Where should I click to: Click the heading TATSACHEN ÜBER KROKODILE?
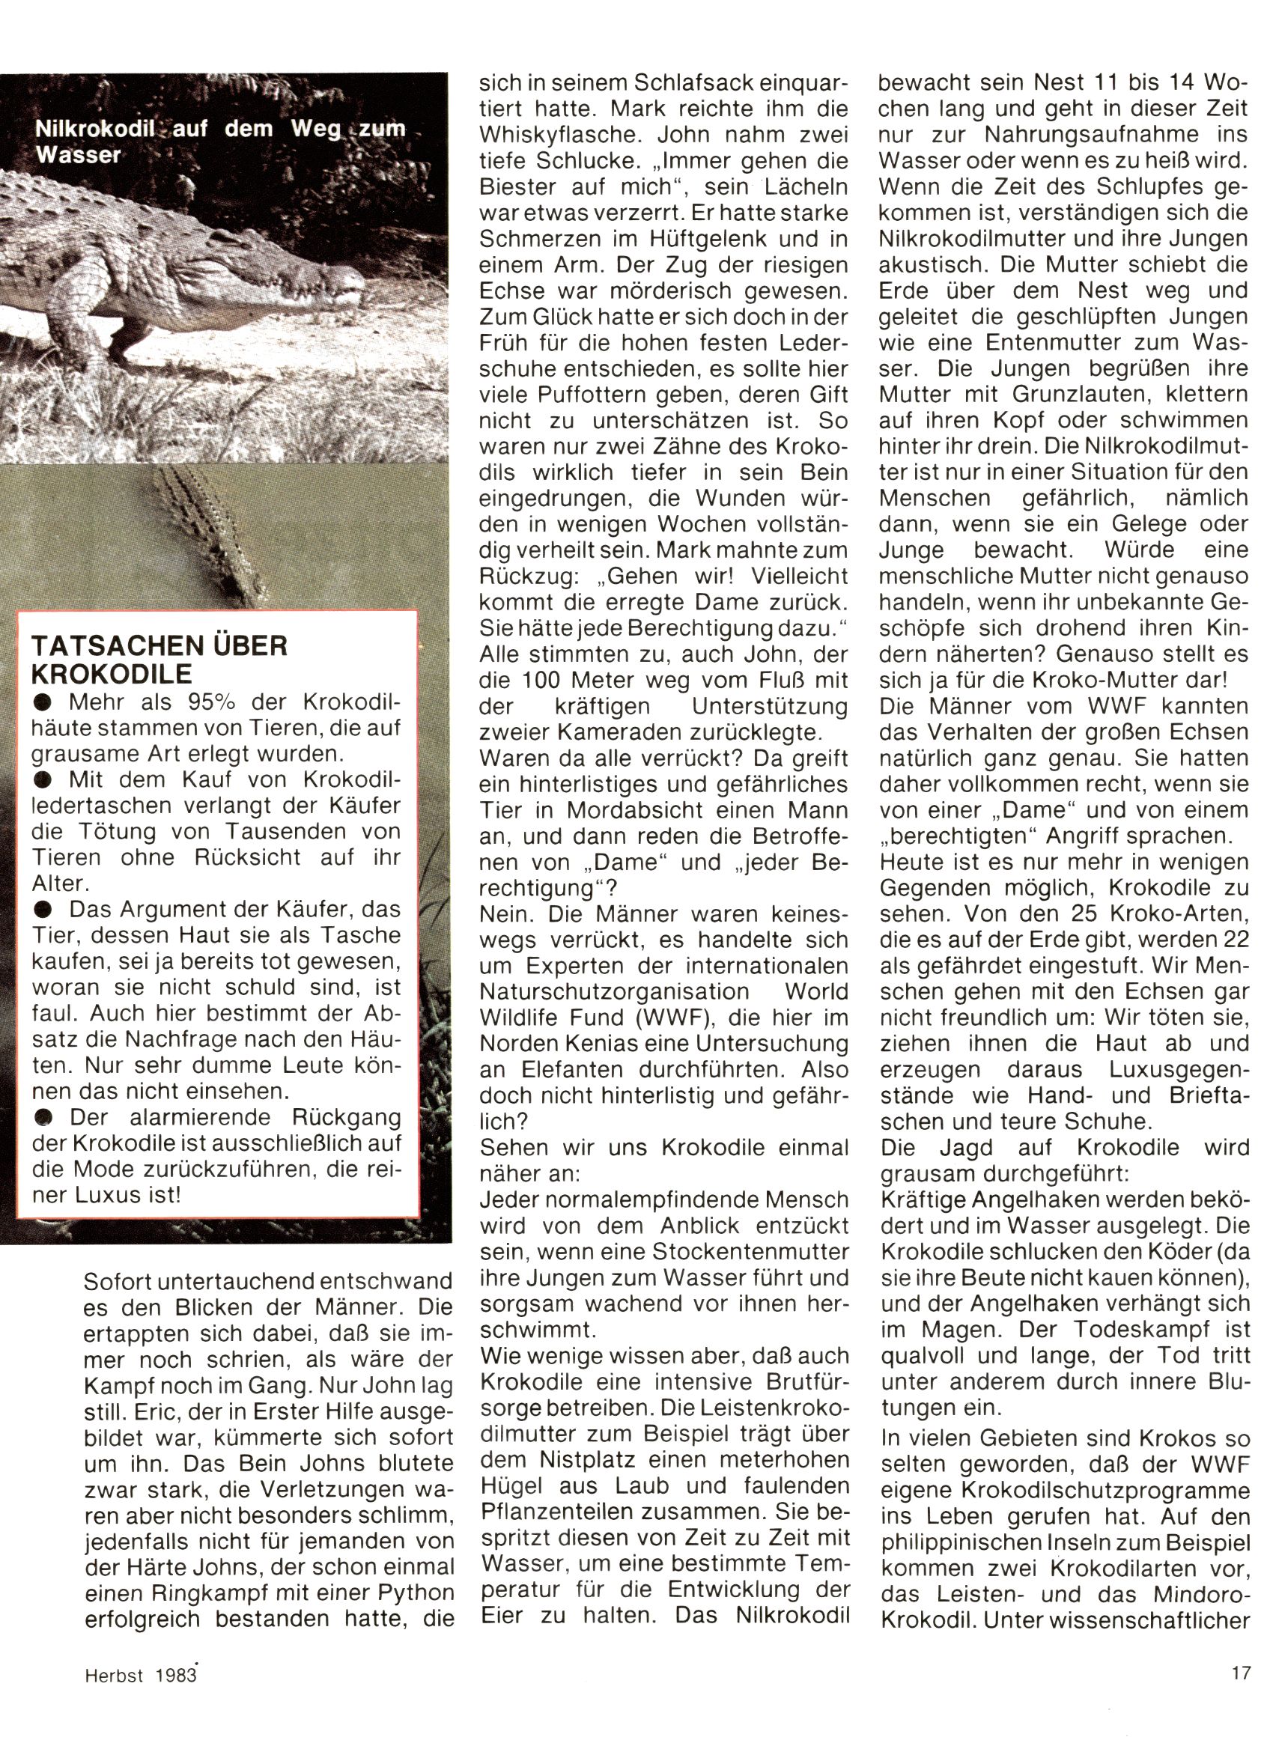point(159,658)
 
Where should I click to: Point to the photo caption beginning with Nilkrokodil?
point(221,141)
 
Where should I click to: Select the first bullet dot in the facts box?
point(43,704)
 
